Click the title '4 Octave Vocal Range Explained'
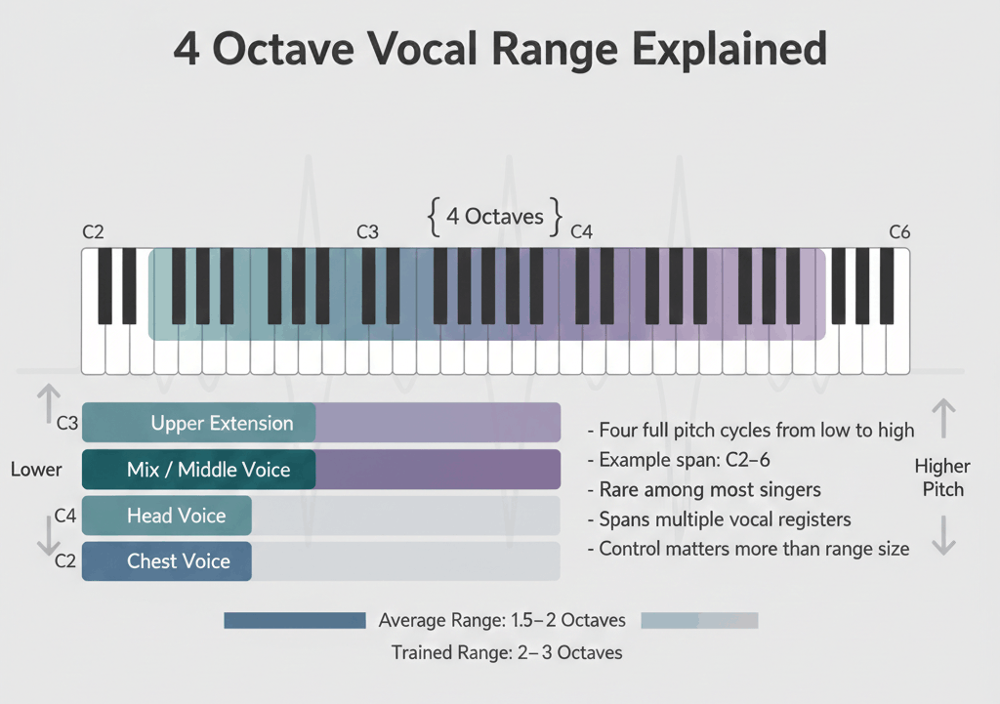[x=500, y=49]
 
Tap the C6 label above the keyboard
[x=899, y=232]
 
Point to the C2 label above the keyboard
[x=93, y=232]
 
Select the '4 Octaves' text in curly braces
[x=495, y=217]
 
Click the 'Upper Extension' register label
[x=222, y=423]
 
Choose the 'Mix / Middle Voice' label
[x=209, y=470]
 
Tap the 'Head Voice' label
[x=176, y=516]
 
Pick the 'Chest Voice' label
[x=179, y=561]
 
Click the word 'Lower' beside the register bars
[x=36, y=470]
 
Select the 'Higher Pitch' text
[x=942, y=477]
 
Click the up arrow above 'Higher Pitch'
[x=944, y=418]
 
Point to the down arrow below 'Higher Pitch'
[x=944, y=535]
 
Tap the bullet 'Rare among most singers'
[x=704, y=490]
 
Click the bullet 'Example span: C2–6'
[x=679, y=460]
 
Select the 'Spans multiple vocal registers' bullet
[x=720, y=519]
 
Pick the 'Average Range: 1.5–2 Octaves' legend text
[x=502, y=620]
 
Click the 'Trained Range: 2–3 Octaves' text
[x=507, y=653]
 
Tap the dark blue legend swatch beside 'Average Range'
[x=295, y=620]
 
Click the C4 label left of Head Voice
[x=65, y=516]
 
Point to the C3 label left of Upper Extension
[x=67, y=423]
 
